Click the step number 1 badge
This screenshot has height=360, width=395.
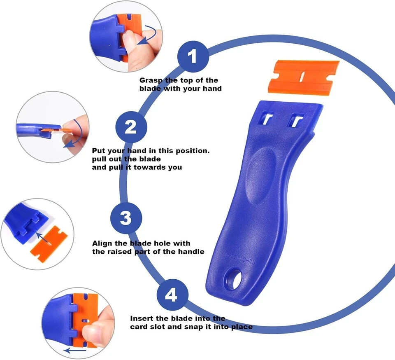[x=193, y=56]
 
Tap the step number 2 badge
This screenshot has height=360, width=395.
[x=131, y=126]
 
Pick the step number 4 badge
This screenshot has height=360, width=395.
[x=172, y=295]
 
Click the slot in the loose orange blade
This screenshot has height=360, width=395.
[x=303, y=76]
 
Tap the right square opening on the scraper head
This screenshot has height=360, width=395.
[x=295, y=120]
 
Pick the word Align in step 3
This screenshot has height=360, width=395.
[x=102, y=243]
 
